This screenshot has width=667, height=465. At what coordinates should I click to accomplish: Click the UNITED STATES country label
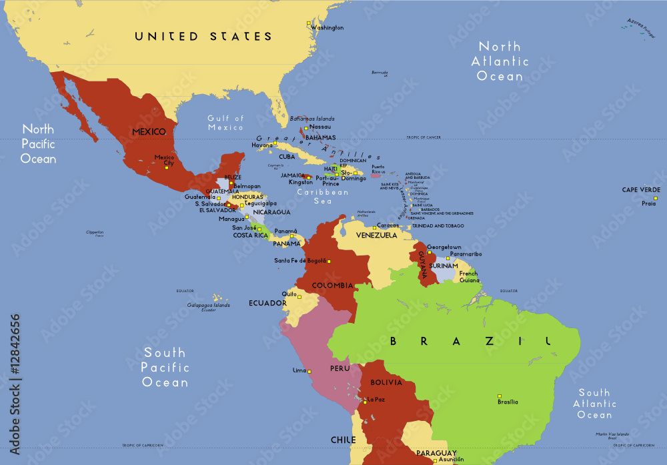click(x=203, y=37)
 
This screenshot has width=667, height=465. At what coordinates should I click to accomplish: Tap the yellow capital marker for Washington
click(x=309, y=24)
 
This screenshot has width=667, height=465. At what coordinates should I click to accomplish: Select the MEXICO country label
click(x=149, y=132)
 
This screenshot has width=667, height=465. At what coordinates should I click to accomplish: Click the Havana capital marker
click(x=275, y=143)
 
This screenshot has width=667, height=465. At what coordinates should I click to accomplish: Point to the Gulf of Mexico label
click(x=225, y=123)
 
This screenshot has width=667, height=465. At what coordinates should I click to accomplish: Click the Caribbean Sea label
click(x=323, y=196)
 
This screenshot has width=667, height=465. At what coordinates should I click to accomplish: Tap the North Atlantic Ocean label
click(x=500, y=61)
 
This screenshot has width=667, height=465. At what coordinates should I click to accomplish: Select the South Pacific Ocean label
click(x=165, y=368)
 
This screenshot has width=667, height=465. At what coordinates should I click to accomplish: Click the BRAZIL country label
click(x=470, y=342)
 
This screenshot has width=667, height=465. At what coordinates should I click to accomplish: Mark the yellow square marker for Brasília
click(x=500, y=395)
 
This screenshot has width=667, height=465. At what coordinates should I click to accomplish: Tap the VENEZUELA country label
click(x=376, y=236)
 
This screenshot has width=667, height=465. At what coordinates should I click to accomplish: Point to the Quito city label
click(x=289, y=294)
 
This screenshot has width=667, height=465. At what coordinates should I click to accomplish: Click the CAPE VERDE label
click(x=641, y=190)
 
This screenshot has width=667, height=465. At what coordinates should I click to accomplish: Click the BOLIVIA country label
click(x=387, y=383)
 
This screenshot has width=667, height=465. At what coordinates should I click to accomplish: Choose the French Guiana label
click(x=468, y=277)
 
